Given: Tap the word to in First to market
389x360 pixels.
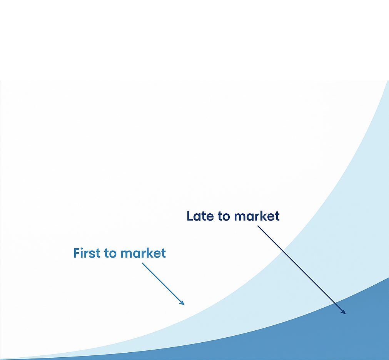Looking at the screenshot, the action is (x=110, y=253).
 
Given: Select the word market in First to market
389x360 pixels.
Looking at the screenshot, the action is (x=143, y=253).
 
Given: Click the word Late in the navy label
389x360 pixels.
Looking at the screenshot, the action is (x=200, y=216).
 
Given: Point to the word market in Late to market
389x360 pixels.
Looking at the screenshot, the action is (x=257, y=216).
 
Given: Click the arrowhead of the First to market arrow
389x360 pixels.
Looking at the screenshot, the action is (x=182, y=303).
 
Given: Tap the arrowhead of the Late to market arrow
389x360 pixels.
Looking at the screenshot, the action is (x=343, y=312).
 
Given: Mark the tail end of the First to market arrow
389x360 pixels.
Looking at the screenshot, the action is (x=142, y=263).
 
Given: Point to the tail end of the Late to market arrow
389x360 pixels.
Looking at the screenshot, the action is (x=257, y=226).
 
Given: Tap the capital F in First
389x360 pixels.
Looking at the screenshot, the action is (x=77, y=253).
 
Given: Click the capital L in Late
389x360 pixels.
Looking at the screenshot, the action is (x=190, y=216).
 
